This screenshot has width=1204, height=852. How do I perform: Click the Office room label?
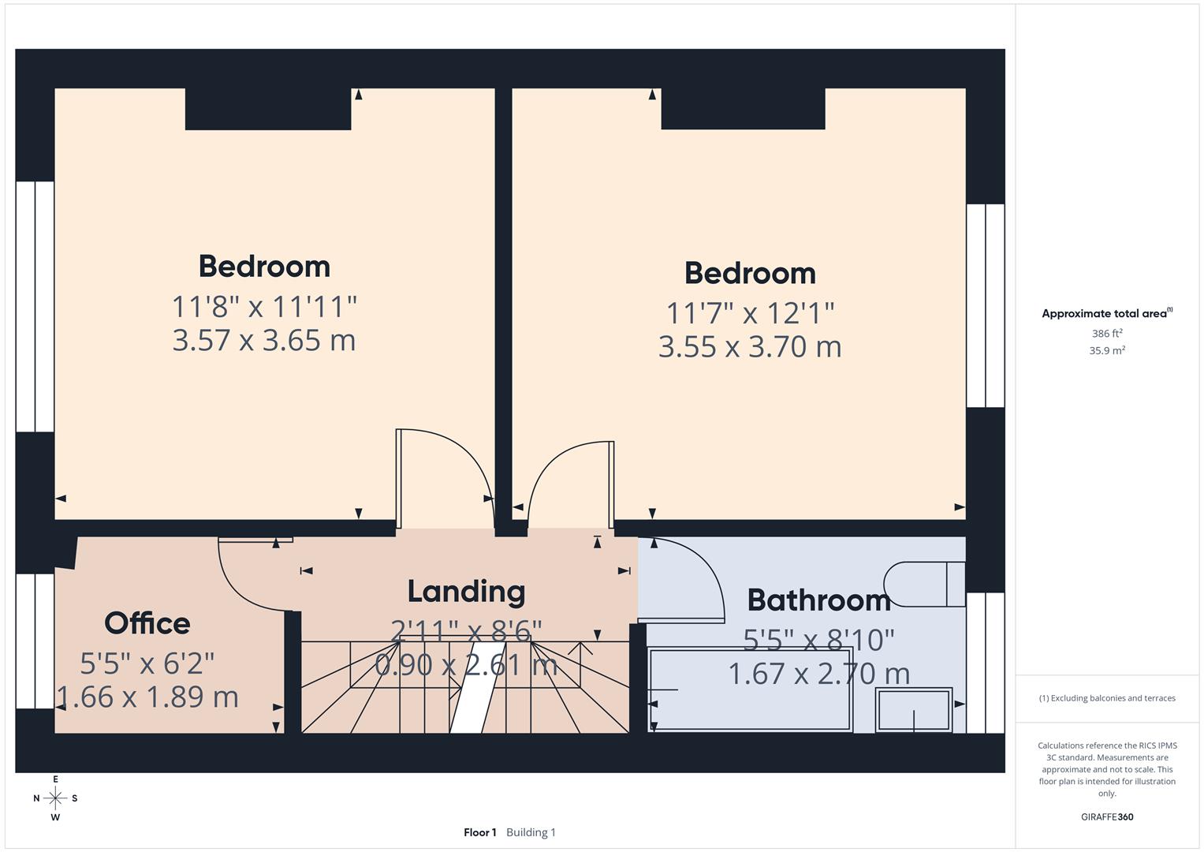coord(147,623)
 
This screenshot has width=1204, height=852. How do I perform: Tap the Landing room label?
coord(466,591)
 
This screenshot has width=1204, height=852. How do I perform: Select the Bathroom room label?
coord(818,600)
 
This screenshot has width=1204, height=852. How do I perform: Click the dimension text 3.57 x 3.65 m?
coord(264,340)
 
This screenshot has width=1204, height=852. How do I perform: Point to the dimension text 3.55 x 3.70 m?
coord(750,346)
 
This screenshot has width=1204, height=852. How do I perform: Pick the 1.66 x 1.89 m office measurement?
coord(147,697)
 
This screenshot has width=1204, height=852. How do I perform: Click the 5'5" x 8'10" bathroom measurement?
coord(818,640)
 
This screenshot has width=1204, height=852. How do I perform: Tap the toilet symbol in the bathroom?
coord(923,584)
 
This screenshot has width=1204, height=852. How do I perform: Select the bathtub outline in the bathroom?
coord(749,689)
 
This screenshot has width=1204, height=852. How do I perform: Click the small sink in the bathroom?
coord(914,710)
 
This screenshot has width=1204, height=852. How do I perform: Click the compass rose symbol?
coord(55,798)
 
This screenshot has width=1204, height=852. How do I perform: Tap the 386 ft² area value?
coord(1107,334)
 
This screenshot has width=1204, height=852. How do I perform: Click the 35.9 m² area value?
coord(1107,350)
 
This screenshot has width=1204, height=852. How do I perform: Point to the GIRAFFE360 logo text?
coord(1107,816)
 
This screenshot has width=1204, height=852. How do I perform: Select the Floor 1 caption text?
coord(479,832)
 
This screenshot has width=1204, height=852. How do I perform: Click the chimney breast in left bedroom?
coord(268,109)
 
